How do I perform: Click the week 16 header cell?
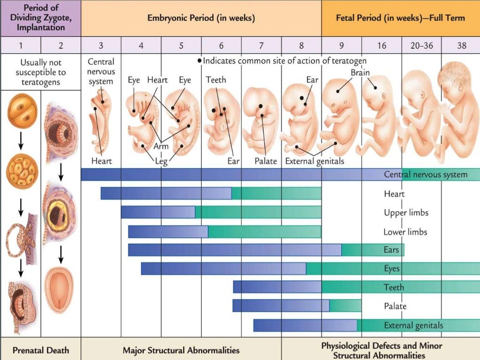point(382,45)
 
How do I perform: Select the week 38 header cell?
point(462,45)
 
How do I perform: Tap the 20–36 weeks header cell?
point(421,45)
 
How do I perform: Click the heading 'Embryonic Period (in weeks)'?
point(201,18)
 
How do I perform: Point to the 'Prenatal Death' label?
point(41,350)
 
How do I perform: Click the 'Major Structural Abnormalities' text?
point(181,350)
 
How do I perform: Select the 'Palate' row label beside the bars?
point(395,306)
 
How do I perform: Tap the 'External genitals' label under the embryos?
point(315,161)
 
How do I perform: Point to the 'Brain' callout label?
point(360,73)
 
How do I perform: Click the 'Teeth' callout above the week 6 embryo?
point(216,80)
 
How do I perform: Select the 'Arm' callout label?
point(161,146)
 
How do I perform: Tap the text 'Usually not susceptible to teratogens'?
point(41,72)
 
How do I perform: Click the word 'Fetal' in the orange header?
point(347,18)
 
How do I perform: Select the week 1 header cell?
point(21,45)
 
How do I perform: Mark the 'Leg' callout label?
point(161,161)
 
